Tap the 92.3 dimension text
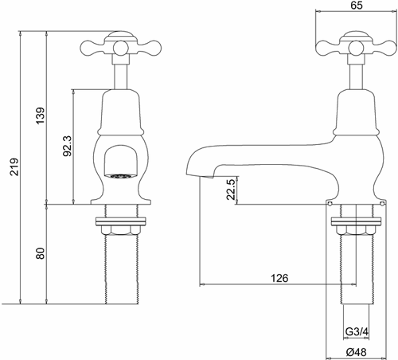66,144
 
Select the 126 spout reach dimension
277,278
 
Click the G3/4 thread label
355,331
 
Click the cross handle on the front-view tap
118,43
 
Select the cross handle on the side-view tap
350,43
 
